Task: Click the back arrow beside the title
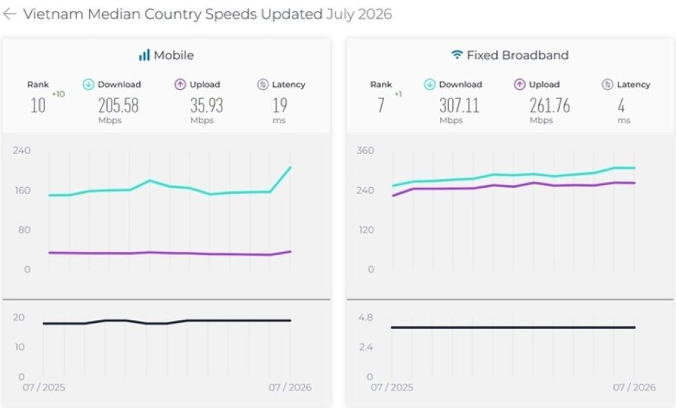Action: pos(9,14)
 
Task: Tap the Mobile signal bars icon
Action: pos(144,55)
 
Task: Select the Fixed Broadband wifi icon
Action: pos(456,55)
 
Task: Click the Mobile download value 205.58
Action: pos(118,105)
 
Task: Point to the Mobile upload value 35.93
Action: pos(206,105)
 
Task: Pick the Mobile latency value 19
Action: pos(280,105)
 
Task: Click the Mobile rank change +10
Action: pos(58,94)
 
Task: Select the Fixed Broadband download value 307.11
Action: pos(459,105)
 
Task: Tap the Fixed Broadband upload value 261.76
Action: pos(550,105)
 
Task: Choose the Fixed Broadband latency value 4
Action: pos(621,105)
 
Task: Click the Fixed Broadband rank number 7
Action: pos(381,105)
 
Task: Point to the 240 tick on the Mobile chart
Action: pos(22,151)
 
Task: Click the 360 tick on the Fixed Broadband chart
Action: pos(365,151)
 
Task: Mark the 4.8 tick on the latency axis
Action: pos(365,317)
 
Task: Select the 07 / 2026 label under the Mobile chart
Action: pos(290,387)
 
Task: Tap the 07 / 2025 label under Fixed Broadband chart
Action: pos(391,387)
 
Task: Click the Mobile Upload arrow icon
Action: pos(180,84)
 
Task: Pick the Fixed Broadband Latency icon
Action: pos(608,84)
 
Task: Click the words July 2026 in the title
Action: pos(359,14)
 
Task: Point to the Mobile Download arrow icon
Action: pos(88,84)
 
